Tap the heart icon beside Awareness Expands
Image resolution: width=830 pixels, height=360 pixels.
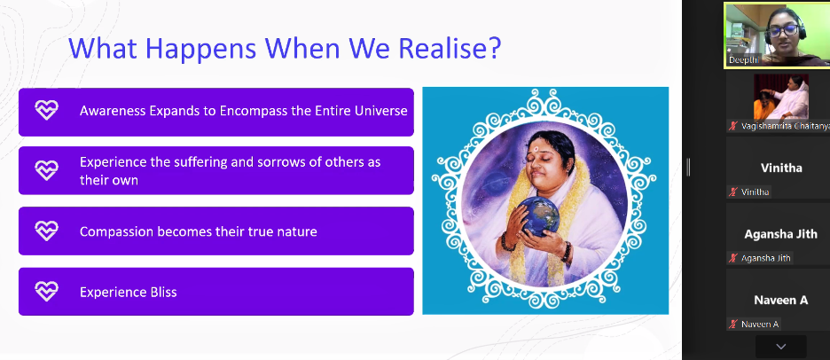[x=47, y=110]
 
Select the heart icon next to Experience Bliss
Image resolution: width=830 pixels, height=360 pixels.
[x=47, y=291]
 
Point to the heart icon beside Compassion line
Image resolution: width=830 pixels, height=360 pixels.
[x=47, y=231]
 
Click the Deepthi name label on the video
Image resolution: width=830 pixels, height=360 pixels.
[x=744, y=60]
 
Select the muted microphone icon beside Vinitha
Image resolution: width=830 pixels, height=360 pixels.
[x=732, y=192]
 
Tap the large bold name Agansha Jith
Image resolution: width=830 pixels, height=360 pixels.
[x=780, y=234]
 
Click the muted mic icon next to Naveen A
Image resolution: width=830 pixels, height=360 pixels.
[x=732, y=325]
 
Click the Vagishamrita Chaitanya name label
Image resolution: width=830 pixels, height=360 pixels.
[x=784, y=126]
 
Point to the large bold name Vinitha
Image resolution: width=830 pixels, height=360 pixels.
[x=781, y=168]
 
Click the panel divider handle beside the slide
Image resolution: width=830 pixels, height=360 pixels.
[x=688, y=167]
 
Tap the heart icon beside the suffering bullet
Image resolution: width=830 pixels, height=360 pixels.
[x=47, y=170]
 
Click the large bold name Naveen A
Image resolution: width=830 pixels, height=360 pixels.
[x=780, y=301]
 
